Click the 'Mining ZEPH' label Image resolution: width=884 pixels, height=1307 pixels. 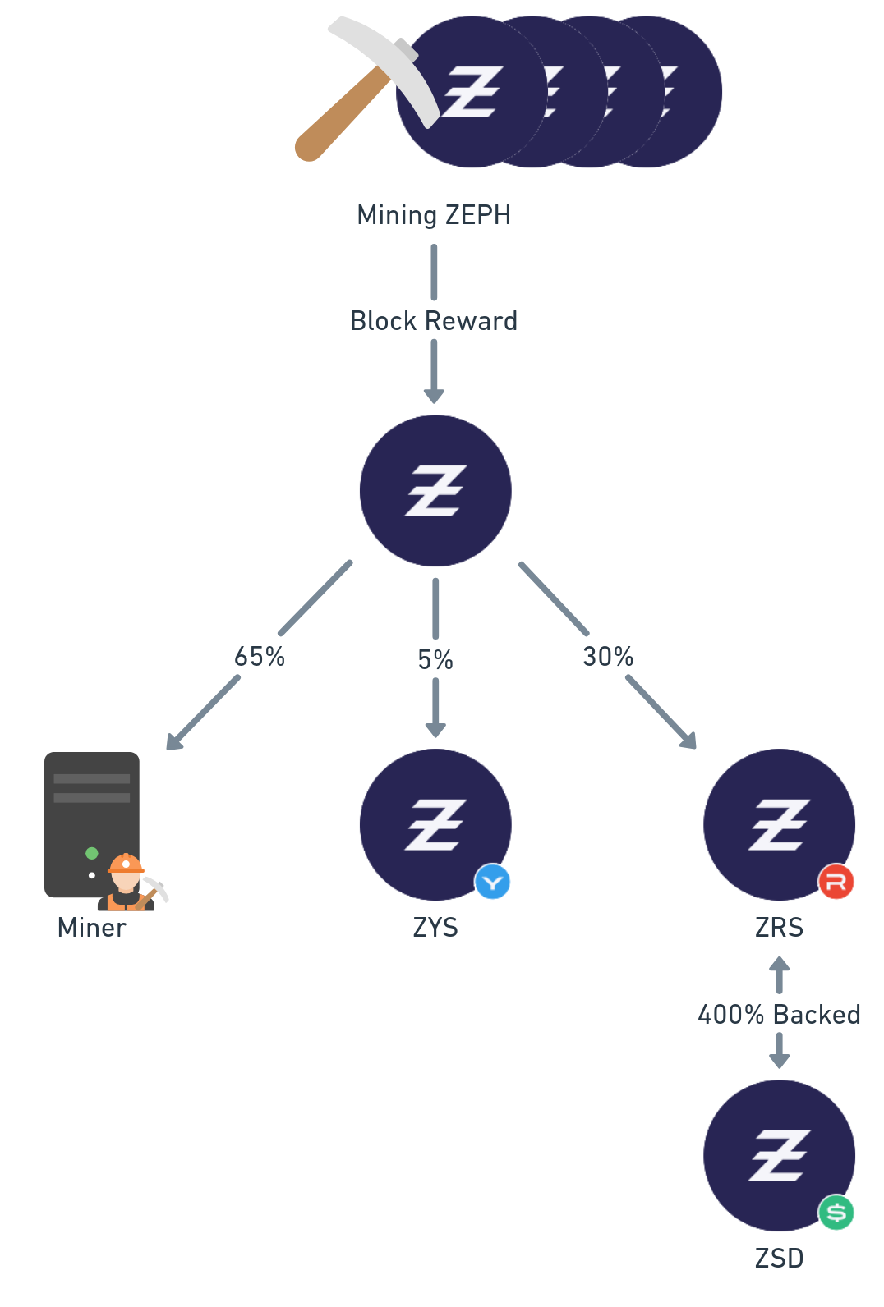coord(434,215)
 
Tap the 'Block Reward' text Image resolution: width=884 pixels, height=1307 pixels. coord(434,321)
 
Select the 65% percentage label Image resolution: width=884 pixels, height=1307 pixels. coord(260,657)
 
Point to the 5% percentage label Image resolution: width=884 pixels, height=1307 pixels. coord(435,660)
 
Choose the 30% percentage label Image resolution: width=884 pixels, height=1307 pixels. coord(608,657)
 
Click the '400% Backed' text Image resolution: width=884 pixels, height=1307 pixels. coord(779,1015)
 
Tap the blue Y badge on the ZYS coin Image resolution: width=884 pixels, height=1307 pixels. coord(493,883)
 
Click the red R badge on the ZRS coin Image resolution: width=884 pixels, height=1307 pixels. coord(836,883)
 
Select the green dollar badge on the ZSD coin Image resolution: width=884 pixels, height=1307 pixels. coord(836,1213)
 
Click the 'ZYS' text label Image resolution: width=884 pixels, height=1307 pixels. coord(435,928)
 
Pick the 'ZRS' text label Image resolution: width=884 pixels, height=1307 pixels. coord(779,928)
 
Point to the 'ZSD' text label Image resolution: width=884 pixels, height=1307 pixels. coord(779,1259)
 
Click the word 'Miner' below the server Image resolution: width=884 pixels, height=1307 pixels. coord(92,928)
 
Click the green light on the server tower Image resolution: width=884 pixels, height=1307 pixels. coord(92,853)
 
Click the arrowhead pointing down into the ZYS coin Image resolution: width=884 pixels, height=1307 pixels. coord(435,730)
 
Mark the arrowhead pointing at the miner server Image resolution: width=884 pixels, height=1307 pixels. coord(173,742)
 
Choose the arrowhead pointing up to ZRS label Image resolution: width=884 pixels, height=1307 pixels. coord(779,964)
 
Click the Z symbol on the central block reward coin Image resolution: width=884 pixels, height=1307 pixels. coord(435,491)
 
